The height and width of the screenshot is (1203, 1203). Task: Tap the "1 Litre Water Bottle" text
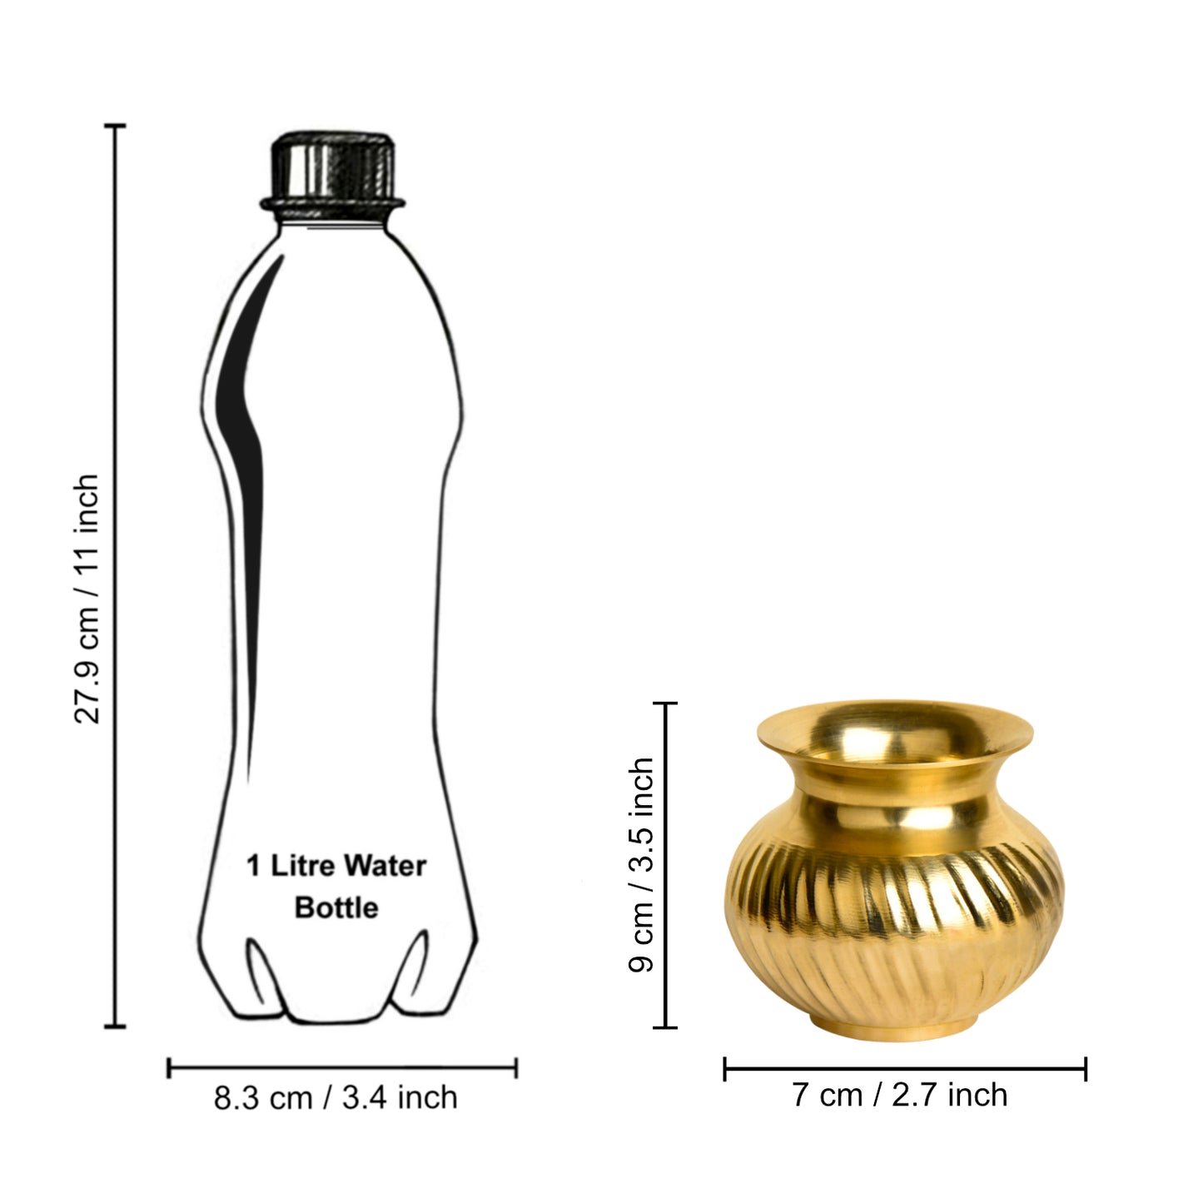click(336, 886)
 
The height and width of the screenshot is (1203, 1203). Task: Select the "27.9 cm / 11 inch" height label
click(87, 599)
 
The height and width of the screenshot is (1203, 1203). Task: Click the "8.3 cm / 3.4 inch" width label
click(336, 1097)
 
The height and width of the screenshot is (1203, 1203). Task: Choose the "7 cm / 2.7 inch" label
click(899, 1095)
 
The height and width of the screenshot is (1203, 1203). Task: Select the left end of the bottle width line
click(169, 1067)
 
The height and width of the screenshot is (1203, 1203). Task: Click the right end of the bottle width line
click(516, 1067)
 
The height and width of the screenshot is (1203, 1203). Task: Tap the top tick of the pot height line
click(665, 704)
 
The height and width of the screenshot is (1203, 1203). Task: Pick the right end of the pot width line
click(1085, 1069)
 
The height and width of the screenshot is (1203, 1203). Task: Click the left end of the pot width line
click(725, 1069)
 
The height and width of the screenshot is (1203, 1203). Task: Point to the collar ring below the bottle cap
click(332, 202)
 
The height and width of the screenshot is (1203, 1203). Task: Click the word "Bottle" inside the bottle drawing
click(336, 907)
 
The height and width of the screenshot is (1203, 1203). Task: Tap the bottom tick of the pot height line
click(665, 1027)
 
